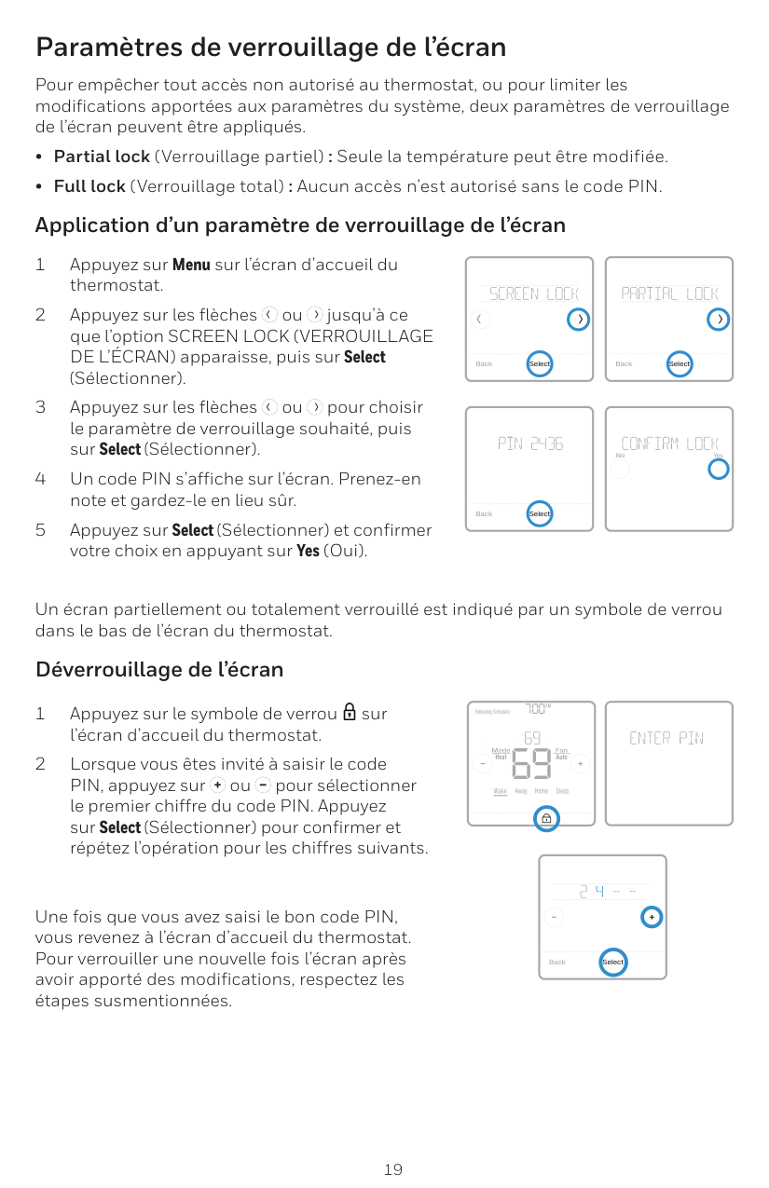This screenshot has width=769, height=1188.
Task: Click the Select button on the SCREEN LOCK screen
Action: tap(540, 363)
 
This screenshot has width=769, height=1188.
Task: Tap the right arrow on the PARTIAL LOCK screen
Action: tap(718, 320)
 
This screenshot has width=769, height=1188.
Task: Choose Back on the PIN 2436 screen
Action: tap(484, 513)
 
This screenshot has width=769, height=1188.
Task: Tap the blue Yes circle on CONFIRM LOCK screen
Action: tap(718, 469)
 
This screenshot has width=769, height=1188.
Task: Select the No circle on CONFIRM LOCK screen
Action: tap(621, 469)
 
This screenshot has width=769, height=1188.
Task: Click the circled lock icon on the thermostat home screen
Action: tap(545, 818)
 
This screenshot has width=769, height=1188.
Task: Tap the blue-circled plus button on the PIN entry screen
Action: tap(652, 917)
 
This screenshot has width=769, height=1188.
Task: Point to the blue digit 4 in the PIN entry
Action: tap(599, 892)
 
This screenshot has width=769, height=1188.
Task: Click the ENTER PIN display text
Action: tap(666, 739)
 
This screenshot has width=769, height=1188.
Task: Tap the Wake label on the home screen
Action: tap(501, 791)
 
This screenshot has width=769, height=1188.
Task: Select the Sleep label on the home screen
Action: tap(562, 791)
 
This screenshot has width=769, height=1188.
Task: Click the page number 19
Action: tap(393, 1168)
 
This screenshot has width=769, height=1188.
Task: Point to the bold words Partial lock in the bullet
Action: tap(102, 157)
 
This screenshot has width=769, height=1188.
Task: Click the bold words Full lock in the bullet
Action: tap(89, 186)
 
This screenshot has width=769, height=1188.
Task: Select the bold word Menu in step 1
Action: tap(191, 265)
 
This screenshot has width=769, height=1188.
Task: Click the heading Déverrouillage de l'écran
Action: tap(159, 670)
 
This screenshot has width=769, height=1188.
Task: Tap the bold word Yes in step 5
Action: tap(308, 551)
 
